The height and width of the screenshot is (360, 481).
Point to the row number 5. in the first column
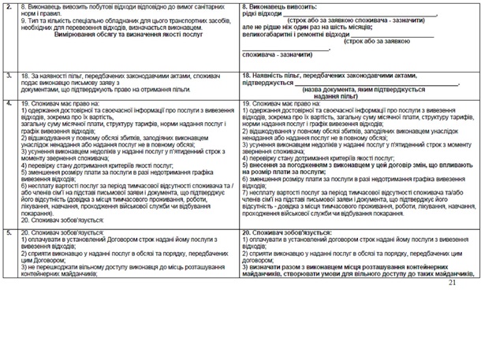(8, 232)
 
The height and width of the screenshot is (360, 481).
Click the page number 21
(452, 282)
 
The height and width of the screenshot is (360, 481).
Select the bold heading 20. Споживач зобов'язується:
(284, 233)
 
